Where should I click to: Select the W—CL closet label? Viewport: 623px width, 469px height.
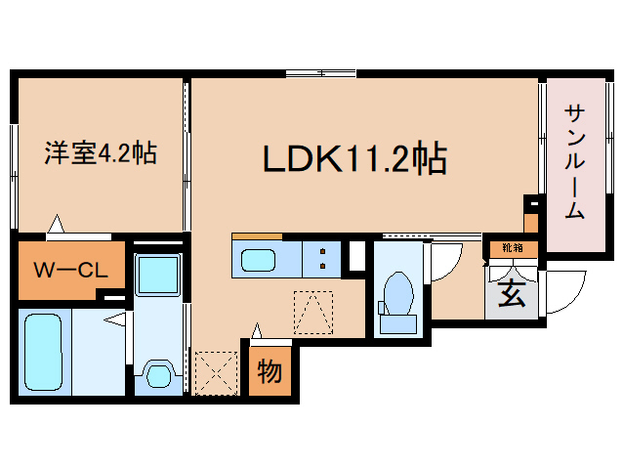click(71, 271)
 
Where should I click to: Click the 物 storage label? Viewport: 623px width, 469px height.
click(270, 370)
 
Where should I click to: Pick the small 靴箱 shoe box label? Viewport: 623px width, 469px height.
click(512, 248)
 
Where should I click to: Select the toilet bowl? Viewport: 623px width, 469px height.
click(398, 292)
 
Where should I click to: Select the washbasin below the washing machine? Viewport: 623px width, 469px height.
click(156, 373)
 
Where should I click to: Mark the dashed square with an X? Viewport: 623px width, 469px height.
click(216, 372)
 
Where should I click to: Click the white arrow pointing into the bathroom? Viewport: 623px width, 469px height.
click(118, 319)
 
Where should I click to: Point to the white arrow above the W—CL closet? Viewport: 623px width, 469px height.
click(56, 225)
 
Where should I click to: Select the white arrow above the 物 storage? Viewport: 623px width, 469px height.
click(257, 330)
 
